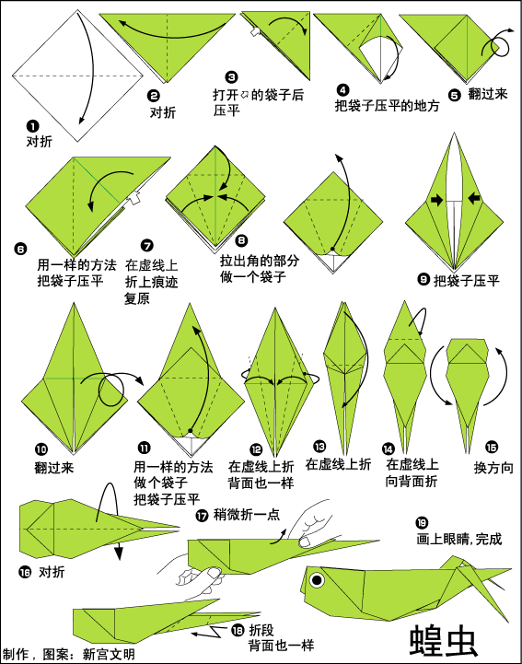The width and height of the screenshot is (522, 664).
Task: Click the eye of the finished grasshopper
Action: pyautogui.click(x=317, y=579)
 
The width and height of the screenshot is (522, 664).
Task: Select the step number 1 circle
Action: pyautogui.click(x=32, y=126)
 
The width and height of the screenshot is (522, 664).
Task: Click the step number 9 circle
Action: pyautogui.click(x=423, y=279)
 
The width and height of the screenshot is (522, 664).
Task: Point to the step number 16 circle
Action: pyautogui.click(x=25, y=573)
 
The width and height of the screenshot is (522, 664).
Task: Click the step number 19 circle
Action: pyautogui.click(x=422, y=523)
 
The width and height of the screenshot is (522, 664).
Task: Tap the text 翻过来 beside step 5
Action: pyautogui.click(x=487, y=94)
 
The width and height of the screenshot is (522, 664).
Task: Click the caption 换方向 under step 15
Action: pyautogui.click(x=493, y=468)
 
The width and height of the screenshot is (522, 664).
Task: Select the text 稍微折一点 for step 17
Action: pyautogui.click(x=247, y=515)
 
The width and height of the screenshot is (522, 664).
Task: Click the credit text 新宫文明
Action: pyautogui.click(x=109, y=654)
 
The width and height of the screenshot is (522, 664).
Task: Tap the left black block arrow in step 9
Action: pyautogui.click(x=437, y=200)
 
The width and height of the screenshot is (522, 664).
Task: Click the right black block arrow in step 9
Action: pyautogui.click(x=474, y=198)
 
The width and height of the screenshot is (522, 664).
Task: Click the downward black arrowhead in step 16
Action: pyautogui.click(x=119, y=553)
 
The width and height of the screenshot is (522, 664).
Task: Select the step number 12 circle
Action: pyautogui.click(x=256, y=449)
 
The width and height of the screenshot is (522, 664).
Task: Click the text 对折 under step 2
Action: pyautogui.click(x=162, y=112)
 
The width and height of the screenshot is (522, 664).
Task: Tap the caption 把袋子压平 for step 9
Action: pyautogui.click(x=467, y=280)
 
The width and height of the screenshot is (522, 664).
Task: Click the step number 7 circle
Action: pyautogui.click(x=147, y=246)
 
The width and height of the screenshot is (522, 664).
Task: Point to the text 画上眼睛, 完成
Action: pyautogui.click(x=459, y=539)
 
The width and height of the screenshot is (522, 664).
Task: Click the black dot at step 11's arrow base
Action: pyautogui.click(x=191, y=431)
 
